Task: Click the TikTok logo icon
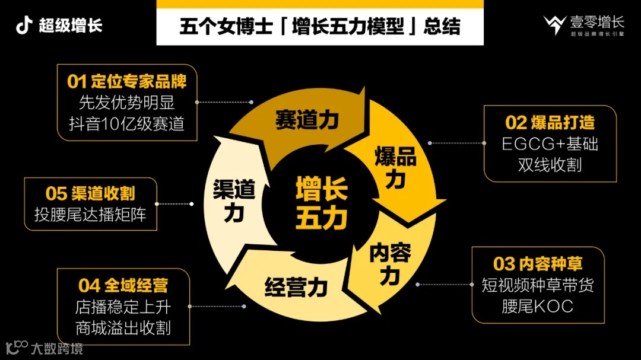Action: point(24,26)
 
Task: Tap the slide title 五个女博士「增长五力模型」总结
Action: point(319,26)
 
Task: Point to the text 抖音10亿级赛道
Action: point(127,123)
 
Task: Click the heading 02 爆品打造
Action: point(550,122)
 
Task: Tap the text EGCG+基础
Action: point(550,144)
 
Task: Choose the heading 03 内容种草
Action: point(538,264)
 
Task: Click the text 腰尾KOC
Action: point(537,306)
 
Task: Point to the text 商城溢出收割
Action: point(123,328)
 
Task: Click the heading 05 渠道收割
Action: point(90,193)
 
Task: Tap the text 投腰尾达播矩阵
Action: point(90,214)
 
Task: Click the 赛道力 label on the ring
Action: point(306,120)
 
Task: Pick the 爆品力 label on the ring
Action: point(395,167)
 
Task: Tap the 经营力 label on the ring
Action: point(296,288)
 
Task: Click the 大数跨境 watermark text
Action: point(57,348)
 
